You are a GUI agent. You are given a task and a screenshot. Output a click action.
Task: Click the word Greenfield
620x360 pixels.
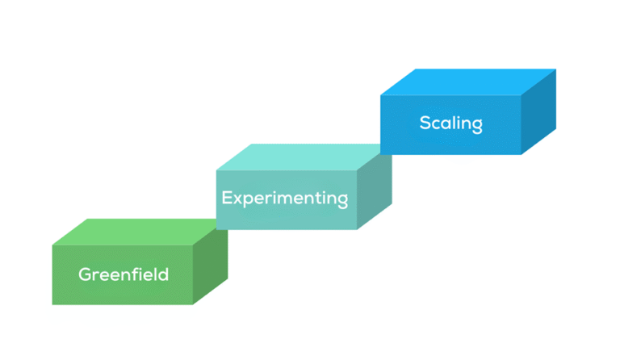click(x=124, y=274)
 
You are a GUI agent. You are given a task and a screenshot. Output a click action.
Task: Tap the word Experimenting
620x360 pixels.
click(x=285, y=198)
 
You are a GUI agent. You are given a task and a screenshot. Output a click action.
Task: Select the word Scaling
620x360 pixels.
click(x=450, y=123)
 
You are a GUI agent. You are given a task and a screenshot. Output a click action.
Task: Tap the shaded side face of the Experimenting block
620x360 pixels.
click(x=374, y=190)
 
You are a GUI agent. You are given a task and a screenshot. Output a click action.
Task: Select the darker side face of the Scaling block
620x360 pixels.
click(x=538, y=113)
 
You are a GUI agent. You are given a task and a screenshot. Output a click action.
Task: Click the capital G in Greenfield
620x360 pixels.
click(x=85, y=274)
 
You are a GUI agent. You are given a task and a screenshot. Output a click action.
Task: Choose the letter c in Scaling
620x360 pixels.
click(x=437, y=124)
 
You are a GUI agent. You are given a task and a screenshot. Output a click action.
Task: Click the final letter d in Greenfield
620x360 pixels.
click(x=163, y=274)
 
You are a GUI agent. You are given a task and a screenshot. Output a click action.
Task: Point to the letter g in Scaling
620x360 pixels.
click(x=476, y=127)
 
